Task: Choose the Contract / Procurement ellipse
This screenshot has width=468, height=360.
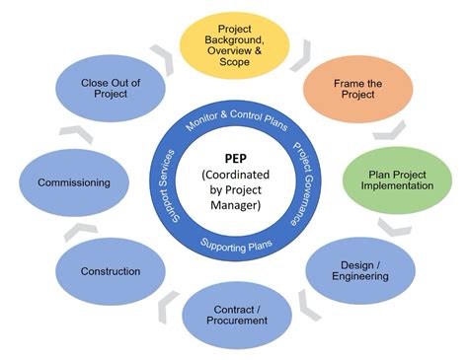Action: (237, 313)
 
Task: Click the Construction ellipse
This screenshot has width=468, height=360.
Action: (111, 271)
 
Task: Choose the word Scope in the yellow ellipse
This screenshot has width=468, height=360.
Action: (235, 60)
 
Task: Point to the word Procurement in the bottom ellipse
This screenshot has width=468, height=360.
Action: (237, 321)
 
